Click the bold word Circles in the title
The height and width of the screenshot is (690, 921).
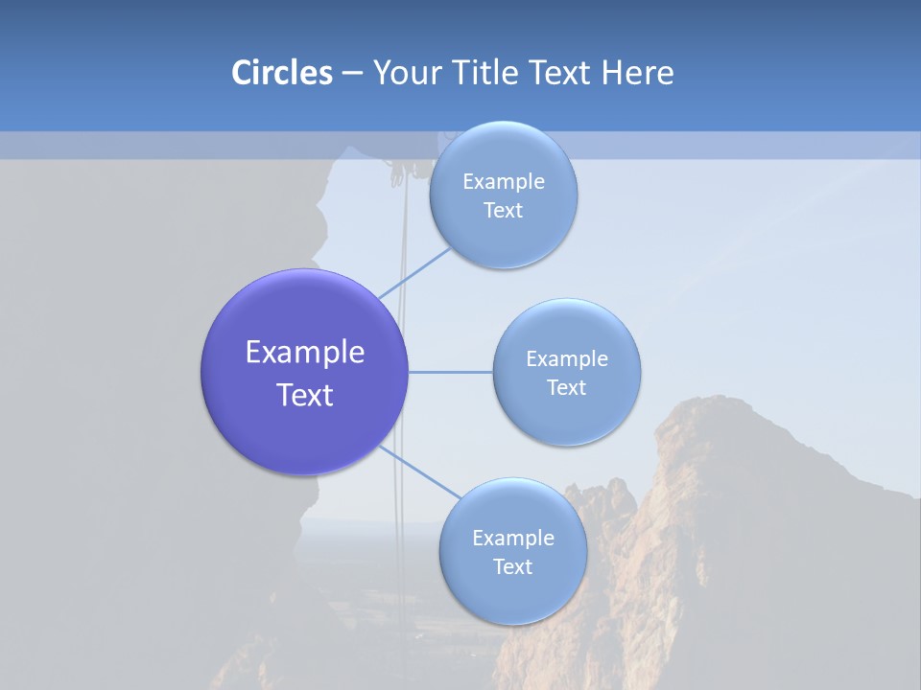pos(282,73)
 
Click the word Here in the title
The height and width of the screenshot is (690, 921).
pos(637,73)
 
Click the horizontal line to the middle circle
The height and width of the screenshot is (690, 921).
pos(451,372)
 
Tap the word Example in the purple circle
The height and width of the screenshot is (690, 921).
pos(305,353)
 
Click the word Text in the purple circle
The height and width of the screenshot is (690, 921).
pos(305,395)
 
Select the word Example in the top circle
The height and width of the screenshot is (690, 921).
pos(504,181)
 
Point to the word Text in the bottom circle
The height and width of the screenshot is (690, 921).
pos(513,566)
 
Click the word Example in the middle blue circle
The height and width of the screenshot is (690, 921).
pos(567,358)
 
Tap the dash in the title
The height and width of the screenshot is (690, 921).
pos(352,73)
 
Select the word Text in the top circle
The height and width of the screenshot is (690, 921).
pos(504,210)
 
